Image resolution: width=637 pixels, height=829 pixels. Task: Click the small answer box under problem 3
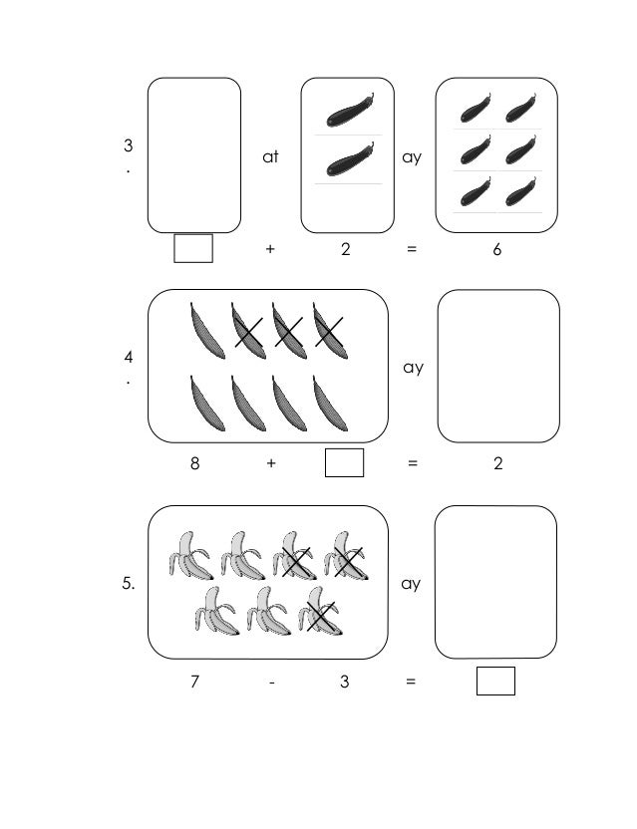coord(193,248)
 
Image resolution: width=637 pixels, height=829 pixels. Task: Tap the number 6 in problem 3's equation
coord(496,250)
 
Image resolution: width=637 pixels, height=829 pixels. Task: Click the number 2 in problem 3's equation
coord(345,250)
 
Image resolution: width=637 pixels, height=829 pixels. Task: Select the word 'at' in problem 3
coord(270,157)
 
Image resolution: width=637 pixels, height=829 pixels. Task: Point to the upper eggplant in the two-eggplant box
coord(348,110)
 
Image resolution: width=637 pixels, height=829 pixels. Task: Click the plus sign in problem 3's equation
coord(270,250)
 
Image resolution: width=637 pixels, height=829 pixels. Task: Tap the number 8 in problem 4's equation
coord(194,463)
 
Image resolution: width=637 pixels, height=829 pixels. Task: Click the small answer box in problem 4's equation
coord(344,463)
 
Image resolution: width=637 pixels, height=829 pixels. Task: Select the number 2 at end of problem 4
coord(498,463)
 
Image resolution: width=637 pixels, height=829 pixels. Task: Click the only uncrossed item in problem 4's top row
coord(205,328)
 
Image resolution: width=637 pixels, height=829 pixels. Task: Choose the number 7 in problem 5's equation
coord(194,683)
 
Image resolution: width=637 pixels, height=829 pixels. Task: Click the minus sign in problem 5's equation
coord(270,683)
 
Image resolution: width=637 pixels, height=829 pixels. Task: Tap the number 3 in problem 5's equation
coord(344,683)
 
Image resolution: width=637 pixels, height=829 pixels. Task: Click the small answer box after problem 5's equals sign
coord(495,682)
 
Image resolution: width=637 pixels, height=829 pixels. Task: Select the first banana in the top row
coord(189,555)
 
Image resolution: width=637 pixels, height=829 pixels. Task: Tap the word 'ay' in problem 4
coord(413,368)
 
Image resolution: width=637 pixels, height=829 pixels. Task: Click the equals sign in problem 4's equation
coord(412,463)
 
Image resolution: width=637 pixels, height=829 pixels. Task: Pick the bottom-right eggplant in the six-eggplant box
coord(520,190)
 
